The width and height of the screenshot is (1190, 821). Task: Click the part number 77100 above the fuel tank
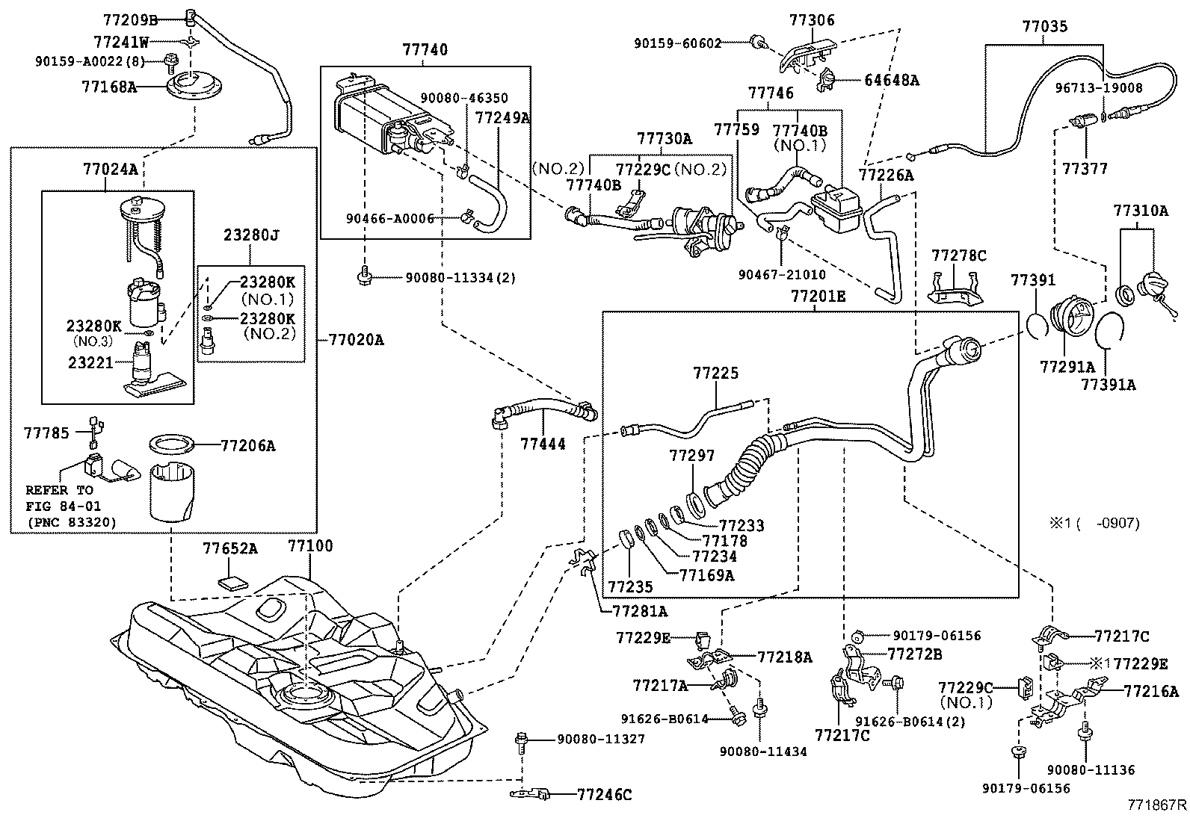310,547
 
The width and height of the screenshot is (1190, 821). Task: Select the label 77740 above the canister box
425,50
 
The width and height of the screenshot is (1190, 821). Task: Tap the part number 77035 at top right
1045,28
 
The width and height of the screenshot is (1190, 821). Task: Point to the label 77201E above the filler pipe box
818,297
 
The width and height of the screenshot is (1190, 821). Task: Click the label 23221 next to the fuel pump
90,363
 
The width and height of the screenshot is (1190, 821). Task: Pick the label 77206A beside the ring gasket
248,446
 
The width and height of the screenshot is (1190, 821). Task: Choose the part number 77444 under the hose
543,444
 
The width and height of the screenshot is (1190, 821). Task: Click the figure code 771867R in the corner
1158,805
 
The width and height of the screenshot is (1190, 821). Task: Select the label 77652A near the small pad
230,549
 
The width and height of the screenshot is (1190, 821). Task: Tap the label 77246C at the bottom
604,795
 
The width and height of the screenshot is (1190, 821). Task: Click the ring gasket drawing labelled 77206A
172,446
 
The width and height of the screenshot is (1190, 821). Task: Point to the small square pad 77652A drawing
235,583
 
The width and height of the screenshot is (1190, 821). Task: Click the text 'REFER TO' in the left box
59,491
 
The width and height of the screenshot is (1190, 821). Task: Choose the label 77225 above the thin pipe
715,373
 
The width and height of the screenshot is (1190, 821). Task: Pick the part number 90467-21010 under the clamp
782,275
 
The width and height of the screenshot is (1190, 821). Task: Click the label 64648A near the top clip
892,80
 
